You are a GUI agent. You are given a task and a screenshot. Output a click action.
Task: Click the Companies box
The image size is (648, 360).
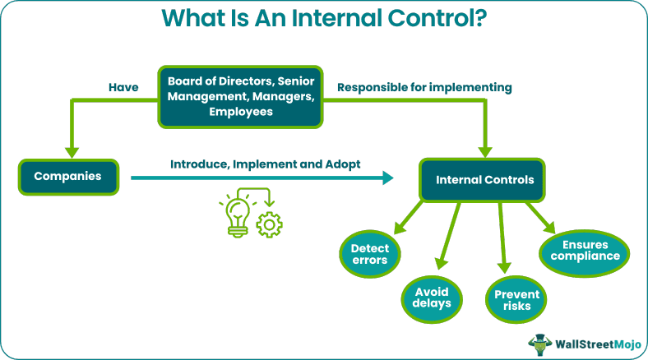69,175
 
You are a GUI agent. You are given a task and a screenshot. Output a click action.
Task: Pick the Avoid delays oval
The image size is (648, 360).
432,296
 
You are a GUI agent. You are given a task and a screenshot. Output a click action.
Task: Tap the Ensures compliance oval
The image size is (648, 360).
586,250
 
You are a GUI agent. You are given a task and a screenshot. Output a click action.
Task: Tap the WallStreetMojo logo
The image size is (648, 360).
583,343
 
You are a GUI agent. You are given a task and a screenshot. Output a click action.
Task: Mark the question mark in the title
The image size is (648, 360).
477,18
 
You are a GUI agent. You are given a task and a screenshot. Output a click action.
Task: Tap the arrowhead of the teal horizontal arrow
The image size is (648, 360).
387,178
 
